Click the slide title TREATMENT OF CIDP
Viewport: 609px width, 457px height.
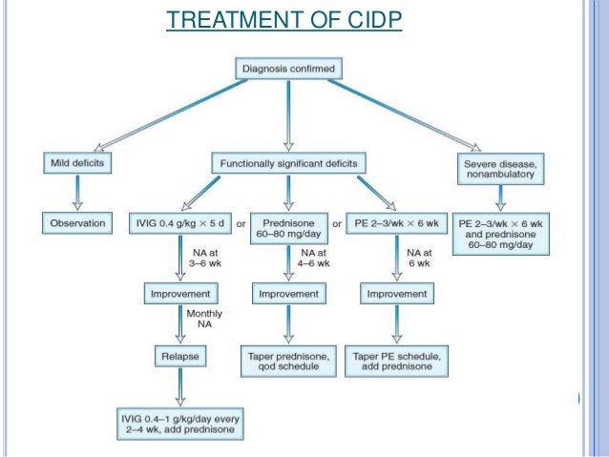click(x=283, y=20)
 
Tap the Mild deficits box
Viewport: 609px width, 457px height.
click(x=77, y=163)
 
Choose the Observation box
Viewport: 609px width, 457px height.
click(x=77, y=224)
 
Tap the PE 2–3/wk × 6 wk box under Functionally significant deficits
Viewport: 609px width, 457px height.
click(x=396, y=224)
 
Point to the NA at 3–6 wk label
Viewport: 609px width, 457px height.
click(x=201, y=258)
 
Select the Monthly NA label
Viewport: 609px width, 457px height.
click(x=200, y=320)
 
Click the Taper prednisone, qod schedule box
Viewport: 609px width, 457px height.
click(x=287, y=361)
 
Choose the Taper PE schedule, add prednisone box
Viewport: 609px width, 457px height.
click(x=396, y=361)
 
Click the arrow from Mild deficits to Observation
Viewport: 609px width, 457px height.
click(x=77, y=194)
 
